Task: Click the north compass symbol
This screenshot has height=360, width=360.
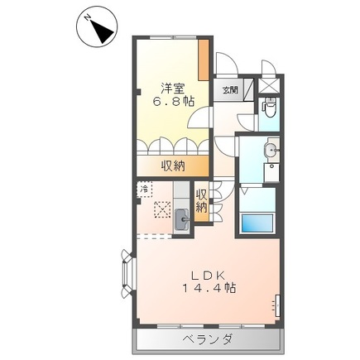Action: click(98, 30)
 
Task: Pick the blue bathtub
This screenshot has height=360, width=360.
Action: click(258, 224)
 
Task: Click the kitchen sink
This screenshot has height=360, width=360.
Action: click(181, 220)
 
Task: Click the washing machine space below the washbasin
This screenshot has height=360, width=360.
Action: click(271, 174)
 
